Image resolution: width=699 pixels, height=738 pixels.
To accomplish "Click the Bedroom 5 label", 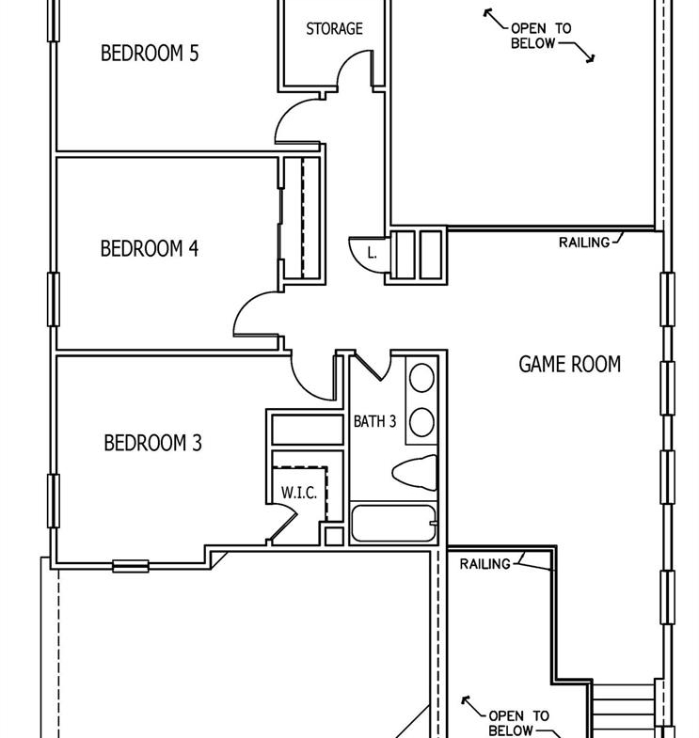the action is coord(150,54).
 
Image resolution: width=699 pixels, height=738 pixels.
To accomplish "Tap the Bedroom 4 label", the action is coord(150,248).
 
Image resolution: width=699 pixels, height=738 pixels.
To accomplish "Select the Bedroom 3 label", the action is coord(152,443).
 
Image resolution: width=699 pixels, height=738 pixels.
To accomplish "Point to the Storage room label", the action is coord(334,29).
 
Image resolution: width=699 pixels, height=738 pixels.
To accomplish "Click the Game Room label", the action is coord(569,364).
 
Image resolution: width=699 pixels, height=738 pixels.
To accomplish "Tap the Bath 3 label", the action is coord(375,421).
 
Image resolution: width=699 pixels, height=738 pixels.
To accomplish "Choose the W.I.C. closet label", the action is coord(298,493).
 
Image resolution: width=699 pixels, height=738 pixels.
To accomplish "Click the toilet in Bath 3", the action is coord(415,472).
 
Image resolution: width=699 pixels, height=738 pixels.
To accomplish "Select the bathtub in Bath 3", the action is coord(394,524).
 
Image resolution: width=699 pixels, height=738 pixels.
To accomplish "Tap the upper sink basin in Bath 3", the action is coord(421,378).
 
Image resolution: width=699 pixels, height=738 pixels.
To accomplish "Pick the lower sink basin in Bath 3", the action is coord(421,422).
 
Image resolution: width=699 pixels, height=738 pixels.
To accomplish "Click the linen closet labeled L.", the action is coord(373,253).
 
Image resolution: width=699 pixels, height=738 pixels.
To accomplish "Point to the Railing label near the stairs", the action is coord(485,564).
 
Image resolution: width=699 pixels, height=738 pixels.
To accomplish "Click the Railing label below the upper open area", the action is coord(584,243).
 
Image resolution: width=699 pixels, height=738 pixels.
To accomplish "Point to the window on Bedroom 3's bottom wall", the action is coord(131,566).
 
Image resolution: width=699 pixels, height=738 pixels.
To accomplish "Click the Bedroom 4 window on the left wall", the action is coord(54,299).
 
